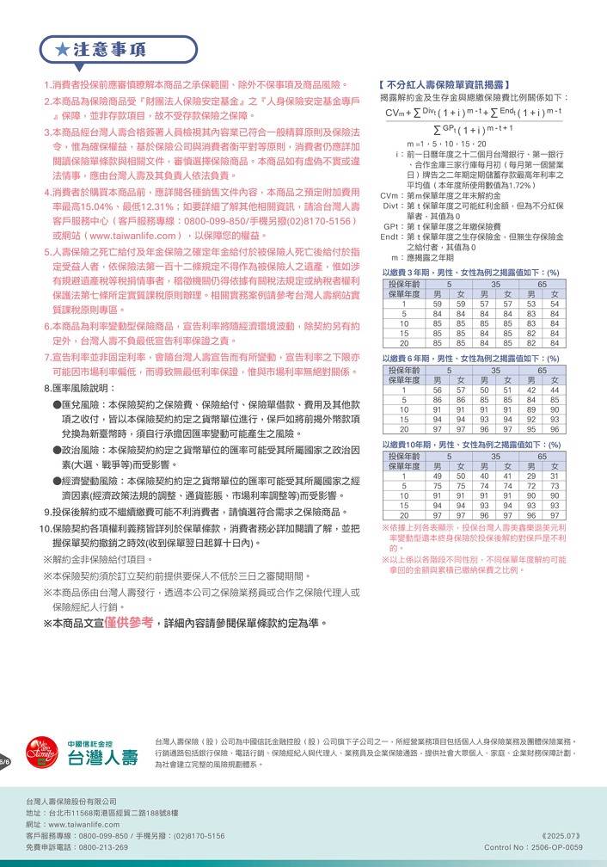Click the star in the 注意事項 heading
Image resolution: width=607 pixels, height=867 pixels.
click(x=63, y=51)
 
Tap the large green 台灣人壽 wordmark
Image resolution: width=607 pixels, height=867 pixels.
click(x=103, y=758)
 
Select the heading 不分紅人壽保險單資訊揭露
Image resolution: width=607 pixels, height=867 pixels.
click(x=446, y=84)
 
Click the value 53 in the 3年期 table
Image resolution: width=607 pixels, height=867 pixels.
click(x=531, y=304)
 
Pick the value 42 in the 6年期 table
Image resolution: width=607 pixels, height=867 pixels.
click(x=531, y=390)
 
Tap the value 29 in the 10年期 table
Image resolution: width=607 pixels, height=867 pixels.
click(x=531, y=476)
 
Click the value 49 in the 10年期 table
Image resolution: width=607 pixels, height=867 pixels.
click(x=438, y=476)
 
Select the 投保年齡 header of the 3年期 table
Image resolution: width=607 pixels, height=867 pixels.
click(x=404, y=284)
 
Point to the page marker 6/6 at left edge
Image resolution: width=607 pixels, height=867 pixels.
click(x=4, y=762)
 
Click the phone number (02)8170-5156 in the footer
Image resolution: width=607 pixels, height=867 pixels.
click(x=199, y=835)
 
